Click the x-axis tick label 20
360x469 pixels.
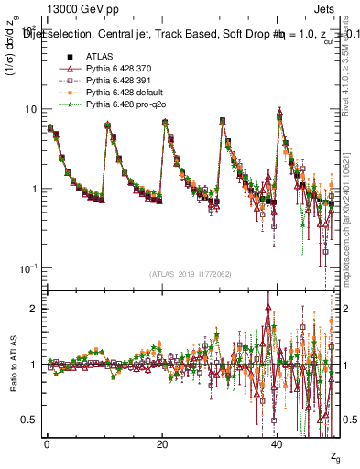162,444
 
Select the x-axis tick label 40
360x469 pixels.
278,444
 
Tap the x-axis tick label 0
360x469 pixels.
47,444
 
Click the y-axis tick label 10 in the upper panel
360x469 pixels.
30,109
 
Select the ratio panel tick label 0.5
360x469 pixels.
30,420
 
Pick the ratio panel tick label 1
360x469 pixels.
34,365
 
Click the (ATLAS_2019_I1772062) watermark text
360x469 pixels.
189,274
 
